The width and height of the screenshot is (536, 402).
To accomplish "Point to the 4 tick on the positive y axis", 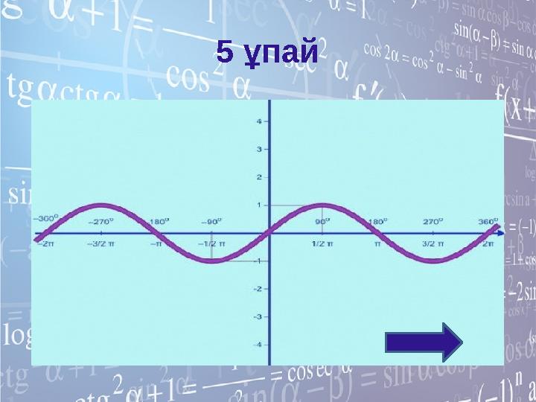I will pyautogui.click(x=258, y=121).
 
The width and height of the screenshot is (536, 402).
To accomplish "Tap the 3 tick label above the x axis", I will pyautogui.click(x=258, y=149).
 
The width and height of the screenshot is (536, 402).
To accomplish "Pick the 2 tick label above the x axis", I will pyautogui.click(x=258, y=177).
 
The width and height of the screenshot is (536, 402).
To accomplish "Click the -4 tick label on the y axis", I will pyautogui.click(x=257, y=345).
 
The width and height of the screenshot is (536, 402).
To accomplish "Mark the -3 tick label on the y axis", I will pyautogui.click(x=257, y=316).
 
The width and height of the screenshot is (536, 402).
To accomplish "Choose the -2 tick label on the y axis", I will pyautogui.click(x=257, y=289).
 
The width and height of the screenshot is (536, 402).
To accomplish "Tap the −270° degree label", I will pyautogui.click(x=102, y=221).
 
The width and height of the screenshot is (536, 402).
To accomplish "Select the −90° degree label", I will pyautogui.click(x=212, y=221).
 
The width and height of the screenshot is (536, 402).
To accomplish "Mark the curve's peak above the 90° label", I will pyautogui.click(x=322, y=205).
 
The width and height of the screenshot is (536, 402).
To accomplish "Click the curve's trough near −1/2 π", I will pyautogui.click(x=213, y=261).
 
